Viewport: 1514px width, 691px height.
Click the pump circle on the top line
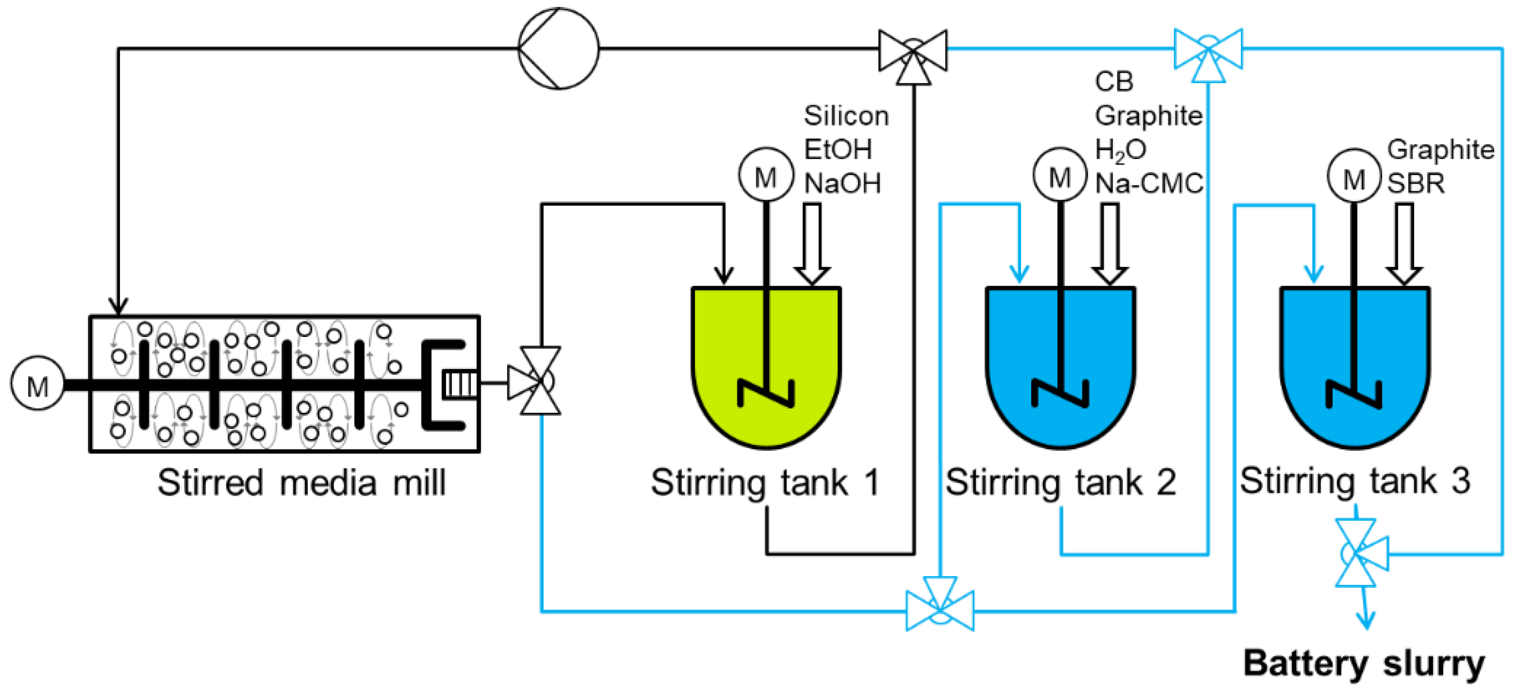559,48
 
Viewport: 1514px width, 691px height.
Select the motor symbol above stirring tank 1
766,175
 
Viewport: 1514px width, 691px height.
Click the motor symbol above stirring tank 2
1059,175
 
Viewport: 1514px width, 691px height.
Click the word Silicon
846,115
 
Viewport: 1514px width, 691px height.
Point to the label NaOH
842,184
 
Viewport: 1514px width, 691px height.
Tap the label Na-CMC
1149,184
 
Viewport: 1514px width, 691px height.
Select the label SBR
1415,184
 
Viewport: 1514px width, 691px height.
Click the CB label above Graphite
1114,81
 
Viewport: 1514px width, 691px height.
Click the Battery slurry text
1364,663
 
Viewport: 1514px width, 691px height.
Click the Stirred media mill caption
301,483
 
